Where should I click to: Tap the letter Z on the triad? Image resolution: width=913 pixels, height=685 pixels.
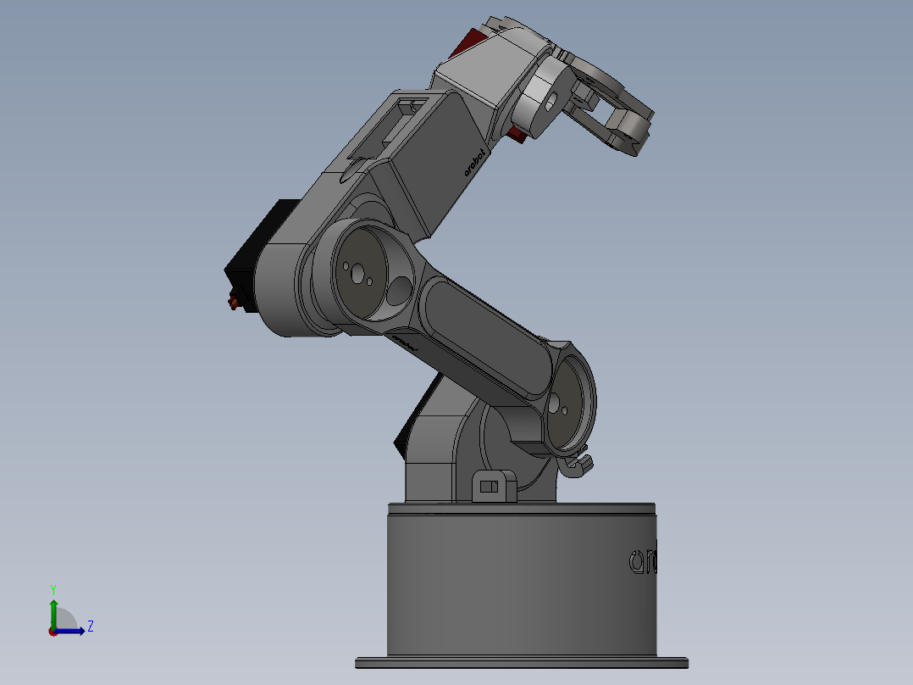click(90, 627)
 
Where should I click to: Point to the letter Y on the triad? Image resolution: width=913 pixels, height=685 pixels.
click(53, 588)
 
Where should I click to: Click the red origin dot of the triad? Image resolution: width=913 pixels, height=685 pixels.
click(53, 631)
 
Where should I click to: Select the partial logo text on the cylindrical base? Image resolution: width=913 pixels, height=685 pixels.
click(643, 560)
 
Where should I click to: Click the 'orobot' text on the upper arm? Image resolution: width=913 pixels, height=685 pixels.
click(475, 163)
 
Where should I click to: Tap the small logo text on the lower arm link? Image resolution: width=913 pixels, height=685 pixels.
click(406, 342)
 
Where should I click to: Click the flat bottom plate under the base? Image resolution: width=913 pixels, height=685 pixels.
click(521, 663)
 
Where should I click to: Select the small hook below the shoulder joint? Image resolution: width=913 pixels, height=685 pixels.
click(579, 464)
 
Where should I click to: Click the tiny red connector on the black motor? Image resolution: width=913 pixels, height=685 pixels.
click(231, 303)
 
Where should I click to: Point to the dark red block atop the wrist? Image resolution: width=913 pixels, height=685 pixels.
click(463, 42)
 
